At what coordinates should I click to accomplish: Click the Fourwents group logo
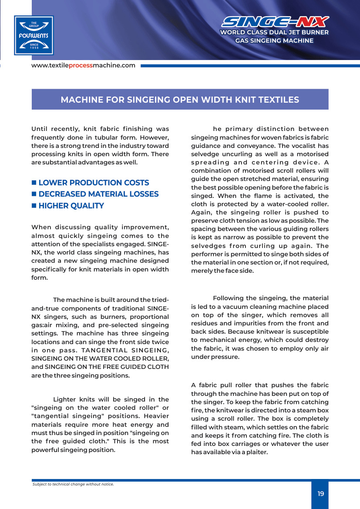34,35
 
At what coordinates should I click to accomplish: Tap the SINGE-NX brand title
275,22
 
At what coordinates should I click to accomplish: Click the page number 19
321,494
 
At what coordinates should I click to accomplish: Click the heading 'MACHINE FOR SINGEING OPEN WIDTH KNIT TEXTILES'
180,100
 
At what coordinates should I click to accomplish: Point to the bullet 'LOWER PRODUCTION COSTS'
94,183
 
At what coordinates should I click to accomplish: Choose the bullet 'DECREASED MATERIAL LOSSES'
98,194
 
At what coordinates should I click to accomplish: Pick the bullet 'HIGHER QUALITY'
71,206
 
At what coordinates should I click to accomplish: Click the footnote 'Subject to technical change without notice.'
73,484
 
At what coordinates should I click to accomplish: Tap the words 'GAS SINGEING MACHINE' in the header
274,40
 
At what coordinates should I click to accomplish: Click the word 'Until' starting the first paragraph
40,129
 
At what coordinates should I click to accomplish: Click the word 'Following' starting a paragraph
228,298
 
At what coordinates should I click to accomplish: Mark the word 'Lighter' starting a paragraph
66,399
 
